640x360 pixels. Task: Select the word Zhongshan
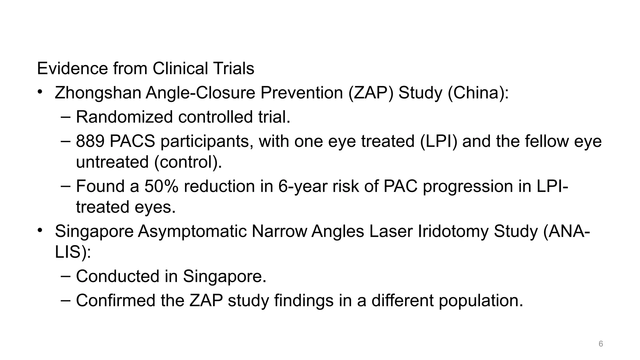point(98,93)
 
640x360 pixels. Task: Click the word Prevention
point(302,93)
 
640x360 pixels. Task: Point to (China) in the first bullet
point(478,93)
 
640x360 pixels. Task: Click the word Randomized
point(124,117)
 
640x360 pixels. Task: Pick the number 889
point(90,141)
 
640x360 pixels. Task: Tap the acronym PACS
point(132,141)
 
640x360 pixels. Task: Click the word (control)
point(188,162)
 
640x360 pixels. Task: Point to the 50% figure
point(161,186)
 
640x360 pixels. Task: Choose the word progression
point(468,186)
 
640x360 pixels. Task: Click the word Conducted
point(117,276)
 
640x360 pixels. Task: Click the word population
point(481,300)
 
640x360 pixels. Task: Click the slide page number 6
point(601,344)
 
